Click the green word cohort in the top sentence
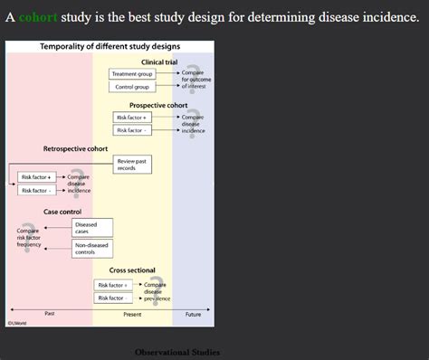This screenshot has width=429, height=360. tap(37, 17)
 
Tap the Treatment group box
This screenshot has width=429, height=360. tap(132, 73)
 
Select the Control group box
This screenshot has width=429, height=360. tap(132, 87)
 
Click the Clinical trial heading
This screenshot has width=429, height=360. tap(159, 62)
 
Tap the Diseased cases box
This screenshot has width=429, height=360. tap(91, 227)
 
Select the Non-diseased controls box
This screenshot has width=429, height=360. tap(91, 248)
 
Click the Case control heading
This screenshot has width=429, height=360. tap(62, 211)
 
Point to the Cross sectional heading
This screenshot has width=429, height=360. tap(132, 270)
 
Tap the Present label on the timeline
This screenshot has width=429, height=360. tap(132, 314)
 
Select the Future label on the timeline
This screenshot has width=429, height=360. tap(193, 314)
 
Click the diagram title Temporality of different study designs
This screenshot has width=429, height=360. tap(110, 45)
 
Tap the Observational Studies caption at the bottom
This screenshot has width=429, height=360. tap(176, 352)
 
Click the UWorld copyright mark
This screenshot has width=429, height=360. tap(17, 323)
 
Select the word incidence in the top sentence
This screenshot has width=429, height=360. tap(385, 17)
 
